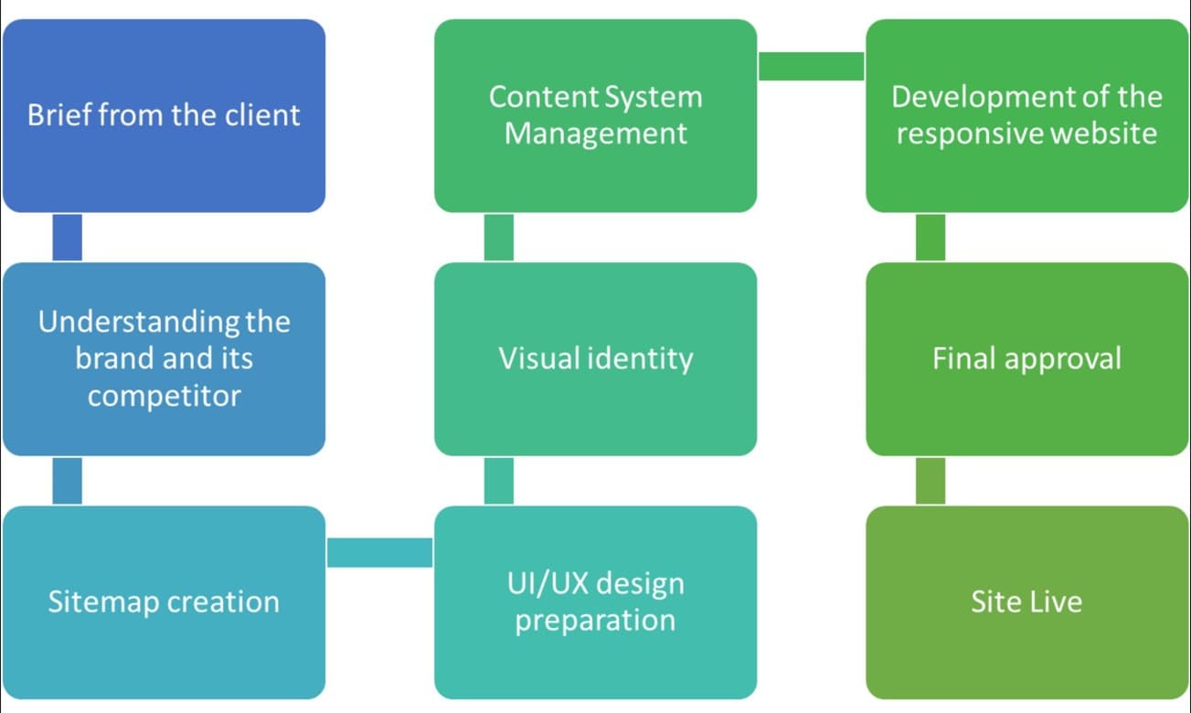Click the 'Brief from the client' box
[164, 116]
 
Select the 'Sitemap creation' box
[164, 602]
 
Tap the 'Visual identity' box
[596, 359]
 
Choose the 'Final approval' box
[1027, 359]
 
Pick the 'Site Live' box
[1027, 602]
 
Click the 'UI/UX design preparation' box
[596, 602]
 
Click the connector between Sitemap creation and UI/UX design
[379, 552]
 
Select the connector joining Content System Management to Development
[812, 66]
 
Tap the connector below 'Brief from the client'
[68, 237]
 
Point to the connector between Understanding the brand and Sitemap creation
[68, 481]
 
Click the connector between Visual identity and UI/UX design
[499, 481]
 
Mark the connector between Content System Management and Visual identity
[499, 237]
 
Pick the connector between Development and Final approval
[930, 237]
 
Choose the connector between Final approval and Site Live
[930, 481]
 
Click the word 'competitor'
[165, 397]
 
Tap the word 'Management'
[596, 133]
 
